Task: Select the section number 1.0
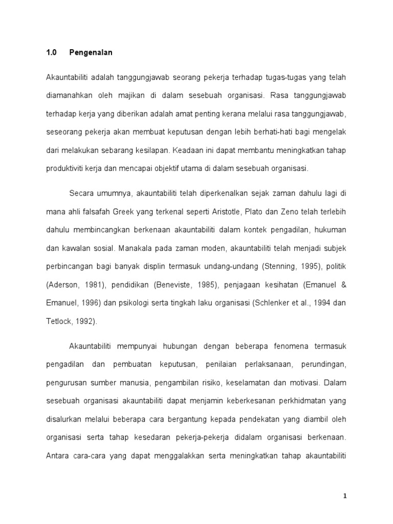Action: pyautogui.click(x=51, y=53)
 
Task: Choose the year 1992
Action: pyautogui.click(x=85, y=321)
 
